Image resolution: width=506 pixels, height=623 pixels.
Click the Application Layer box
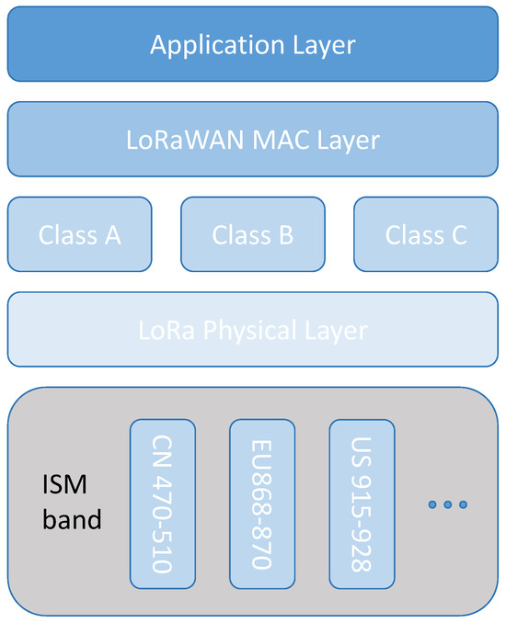(x=252, y=45)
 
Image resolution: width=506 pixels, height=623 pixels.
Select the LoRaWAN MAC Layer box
(x=252, y=140)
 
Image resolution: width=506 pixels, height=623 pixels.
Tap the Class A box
(x=80, y=234)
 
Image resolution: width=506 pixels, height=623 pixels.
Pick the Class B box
(x=252, y=234)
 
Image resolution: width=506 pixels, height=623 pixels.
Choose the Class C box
(x=425, y=234)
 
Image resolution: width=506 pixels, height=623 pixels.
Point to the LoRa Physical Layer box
(x=252, y=329)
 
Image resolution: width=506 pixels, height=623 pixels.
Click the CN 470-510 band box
(x=163, y=504)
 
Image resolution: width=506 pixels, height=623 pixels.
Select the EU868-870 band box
(x=262, y=504)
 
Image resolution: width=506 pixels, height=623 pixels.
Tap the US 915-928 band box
(x=362, y=504)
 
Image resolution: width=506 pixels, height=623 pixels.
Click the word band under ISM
(x=72, y=520)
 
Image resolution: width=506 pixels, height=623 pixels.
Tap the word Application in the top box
(x=204, y=45)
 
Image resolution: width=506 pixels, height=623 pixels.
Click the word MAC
(x=271, y=140)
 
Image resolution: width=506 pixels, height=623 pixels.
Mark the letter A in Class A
(x=112, y=234)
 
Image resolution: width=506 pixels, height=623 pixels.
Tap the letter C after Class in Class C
(x=457, y=234)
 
